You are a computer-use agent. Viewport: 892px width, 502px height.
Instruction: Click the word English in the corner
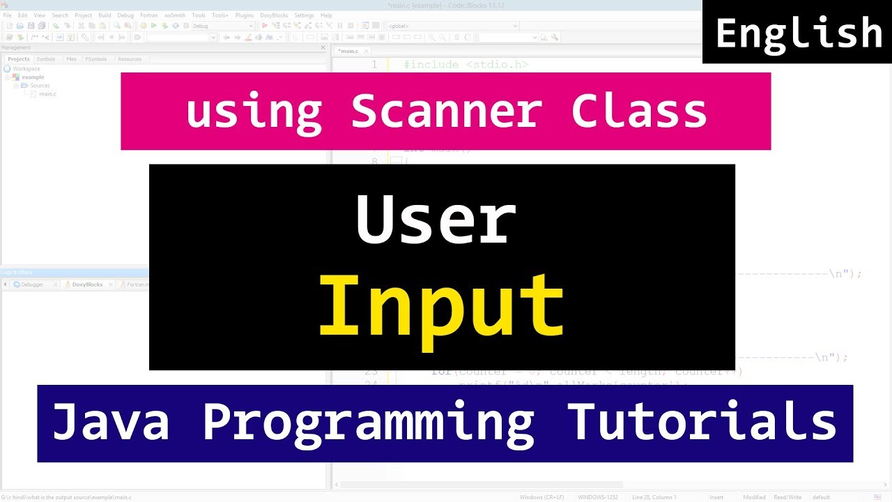pos(799,33)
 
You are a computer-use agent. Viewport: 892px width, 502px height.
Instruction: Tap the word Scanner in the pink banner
pos(446,112)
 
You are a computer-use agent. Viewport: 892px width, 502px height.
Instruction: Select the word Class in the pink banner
pos(639,112)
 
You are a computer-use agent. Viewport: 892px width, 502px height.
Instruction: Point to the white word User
pos(436,220)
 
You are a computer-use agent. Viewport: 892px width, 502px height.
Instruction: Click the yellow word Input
pos(441,305)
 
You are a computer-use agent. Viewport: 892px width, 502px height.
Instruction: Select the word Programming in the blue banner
pos(368,423)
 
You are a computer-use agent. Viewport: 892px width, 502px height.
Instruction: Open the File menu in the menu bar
pos(8,15)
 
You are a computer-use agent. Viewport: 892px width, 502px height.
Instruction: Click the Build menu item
pos(105,15)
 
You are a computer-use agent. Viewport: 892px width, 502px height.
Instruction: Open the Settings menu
pos(304,15)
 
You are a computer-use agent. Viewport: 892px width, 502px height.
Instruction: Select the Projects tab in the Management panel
pos(19,59)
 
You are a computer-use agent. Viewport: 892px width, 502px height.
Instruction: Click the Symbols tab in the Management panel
pos(46,59)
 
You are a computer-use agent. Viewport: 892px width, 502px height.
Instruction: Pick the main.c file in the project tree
pos(47,93)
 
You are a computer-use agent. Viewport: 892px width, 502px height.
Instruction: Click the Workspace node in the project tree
pos(26,69)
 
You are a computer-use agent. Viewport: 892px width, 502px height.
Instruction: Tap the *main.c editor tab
pos(348,51)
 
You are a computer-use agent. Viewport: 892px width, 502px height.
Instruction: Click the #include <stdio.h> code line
pos(466,65)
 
